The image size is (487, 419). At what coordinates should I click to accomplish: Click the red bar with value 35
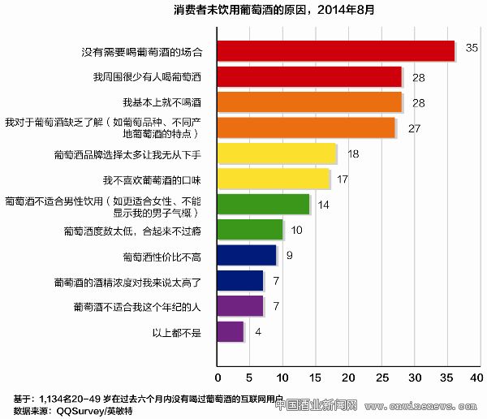click(336, 51)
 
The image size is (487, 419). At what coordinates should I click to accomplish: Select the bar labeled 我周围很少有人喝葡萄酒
click(310, 76)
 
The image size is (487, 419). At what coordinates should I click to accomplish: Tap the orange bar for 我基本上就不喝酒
click(310, 102)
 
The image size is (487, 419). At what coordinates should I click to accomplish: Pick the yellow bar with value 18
click(277, 153)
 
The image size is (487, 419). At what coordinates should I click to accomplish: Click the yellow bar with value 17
click(274, 179)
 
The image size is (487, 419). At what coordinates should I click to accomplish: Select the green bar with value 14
click(264, 204)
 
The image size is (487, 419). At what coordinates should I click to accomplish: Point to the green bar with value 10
click(251, 230)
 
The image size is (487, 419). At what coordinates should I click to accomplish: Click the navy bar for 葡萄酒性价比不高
click(248, 256)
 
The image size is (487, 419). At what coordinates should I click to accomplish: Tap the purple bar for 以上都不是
click(231, 331)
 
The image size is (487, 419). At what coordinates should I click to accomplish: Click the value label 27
click(414, 128)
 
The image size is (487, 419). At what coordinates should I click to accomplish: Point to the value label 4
click(257, 331)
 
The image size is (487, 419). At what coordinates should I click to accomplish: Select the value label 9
click(289, 256)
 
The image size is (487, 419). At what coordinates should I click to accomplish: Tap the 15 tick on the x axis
click(317, 378)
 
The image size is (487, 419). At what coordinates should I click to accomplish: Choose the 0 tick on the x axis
click(218, 378)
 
